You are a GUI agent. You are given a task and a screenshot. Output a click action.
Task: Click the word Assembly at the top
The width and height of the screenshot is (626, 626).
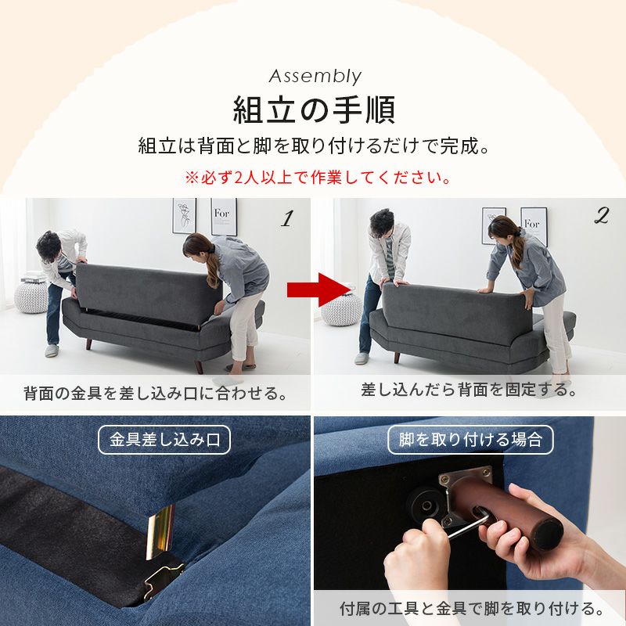point(315,76)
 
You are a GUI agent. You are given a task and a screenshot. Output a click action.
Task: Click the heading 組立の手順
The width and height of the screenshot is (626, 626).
point(314,110)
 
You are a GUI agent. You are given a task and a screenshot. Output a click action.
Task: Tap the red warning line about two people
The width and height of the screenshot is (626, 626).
point(318,178)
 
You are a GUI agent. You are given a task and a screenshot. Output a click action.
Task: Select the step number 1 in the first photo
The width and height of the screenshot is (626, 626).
point(286,219)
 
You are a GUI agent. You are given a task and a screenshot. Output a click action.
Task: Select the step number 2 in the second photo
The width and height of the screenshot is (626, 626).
point(601,217)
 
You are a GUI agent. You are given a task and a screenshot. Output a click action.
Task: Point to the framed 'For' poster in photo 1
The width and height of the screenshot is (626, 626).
point(224,216)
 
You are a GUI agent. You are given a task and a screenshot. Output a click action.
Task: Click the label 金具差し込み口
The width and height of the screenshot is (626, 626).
point(164,440)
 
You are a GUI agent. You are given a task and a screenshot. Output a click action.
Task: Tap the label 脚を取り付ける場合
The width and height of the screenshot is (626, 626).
point(470,440)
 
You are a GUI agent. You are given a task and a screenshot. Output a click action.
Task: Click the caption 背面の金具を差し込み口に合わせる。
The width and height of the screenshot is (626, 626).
point(155,393)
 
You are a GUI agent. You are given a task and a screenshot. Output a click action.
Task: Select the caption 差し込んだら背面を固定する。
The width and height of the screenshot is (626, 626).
point(469,389)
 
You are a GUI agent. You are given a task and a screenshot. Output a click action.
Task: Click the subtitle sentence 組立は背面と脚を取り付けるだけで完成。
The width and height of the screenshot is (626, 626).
point(314,146)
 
